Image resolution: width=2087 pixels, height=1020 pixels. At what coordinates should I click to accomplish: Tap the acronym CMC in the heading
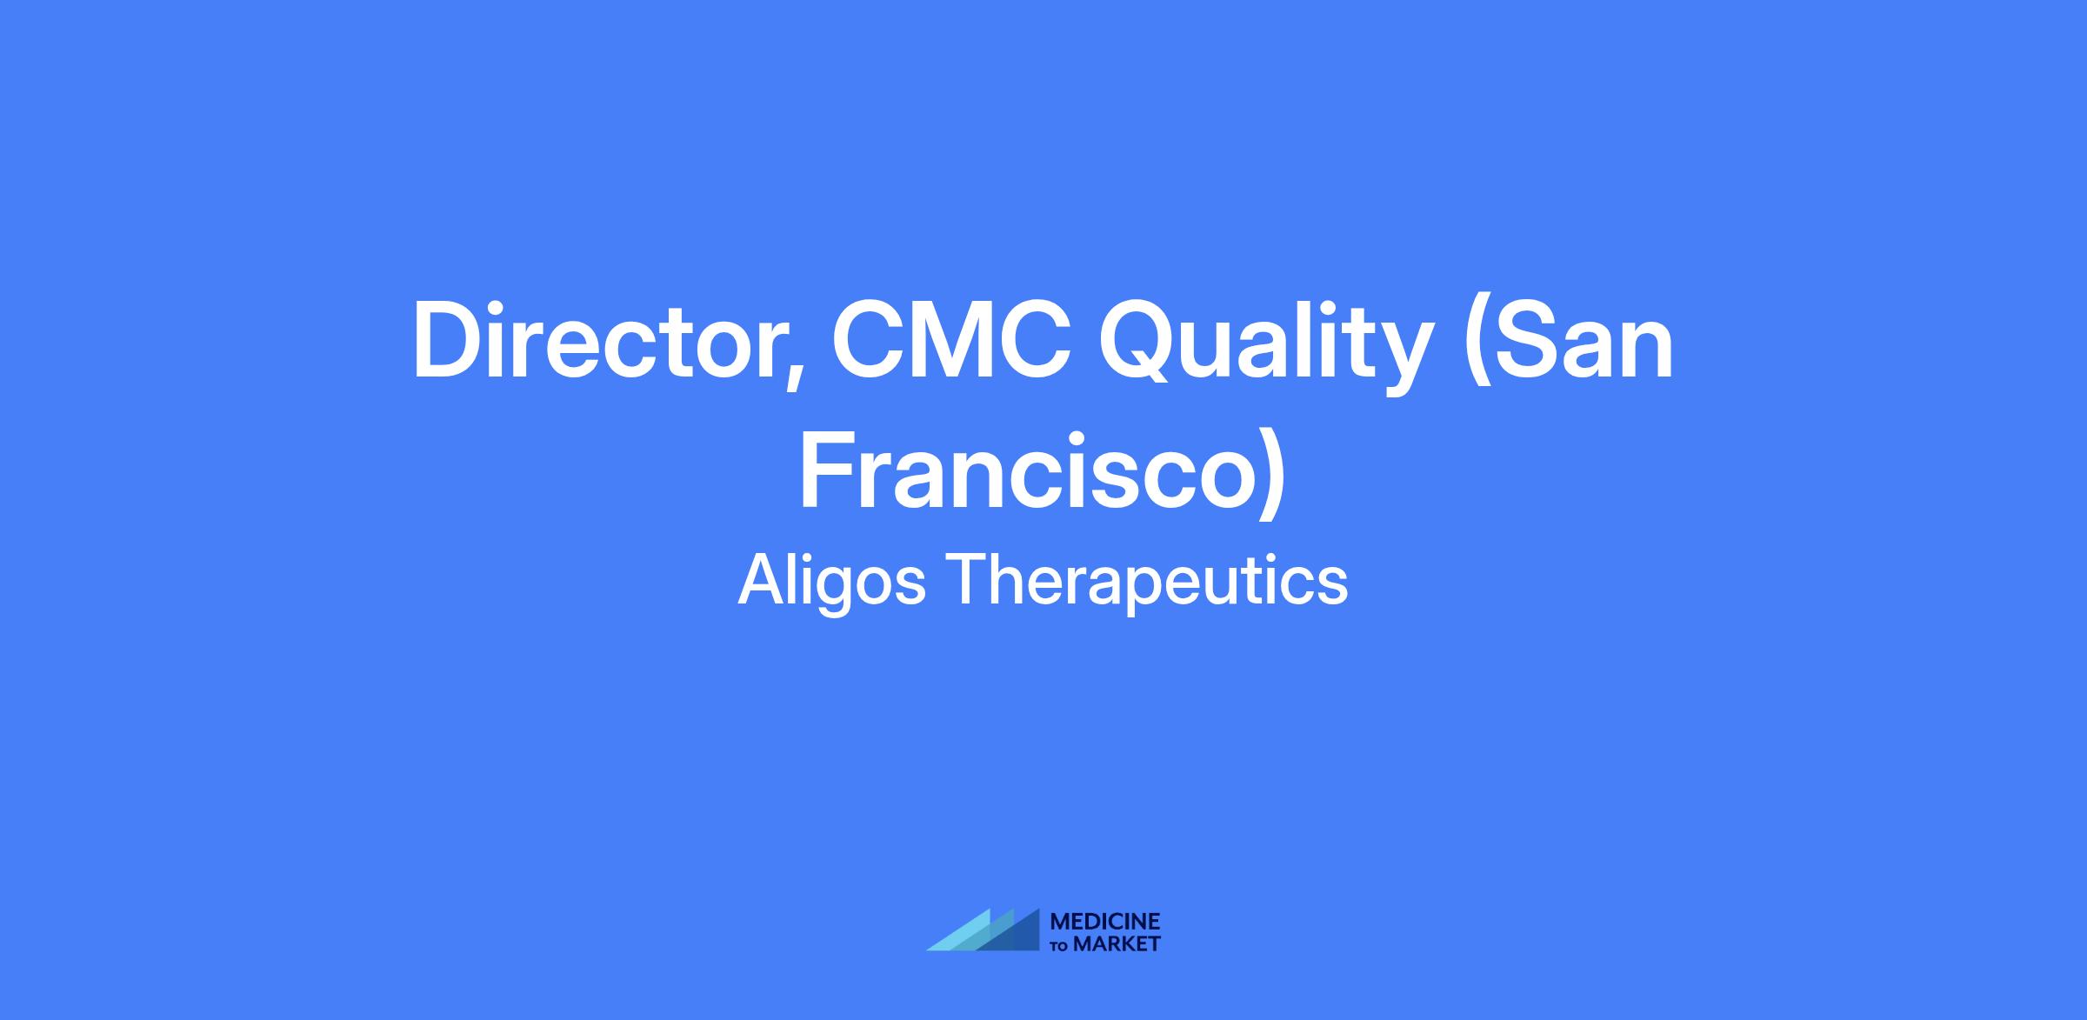pos(952,340)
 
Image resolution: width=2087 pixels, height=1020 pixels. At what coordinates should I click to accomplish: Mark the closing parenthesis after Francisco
pos(1270,475)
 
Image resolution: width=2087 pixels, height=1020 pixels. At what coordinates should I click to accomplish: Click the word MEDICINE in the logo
pos(1105,921)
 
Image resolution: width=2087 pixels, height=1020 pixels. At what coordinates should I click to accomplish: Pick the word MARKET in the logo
pos(1117,943)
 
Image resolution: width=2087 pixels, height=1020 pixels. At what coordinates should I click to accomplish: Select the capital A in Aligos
pos(761,579)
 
